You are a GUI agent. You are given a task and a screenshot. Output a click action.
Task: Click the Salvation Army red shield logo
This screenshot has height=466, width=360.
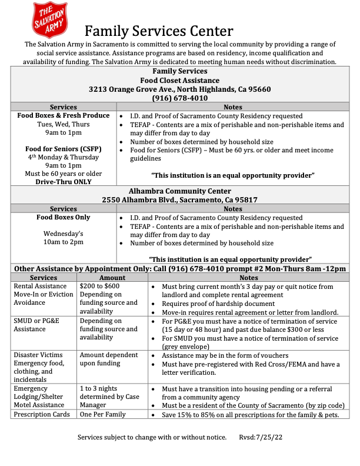50,20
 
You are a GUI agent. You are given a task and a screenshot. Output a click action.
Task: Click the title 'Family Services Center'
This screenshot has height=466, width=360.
159,31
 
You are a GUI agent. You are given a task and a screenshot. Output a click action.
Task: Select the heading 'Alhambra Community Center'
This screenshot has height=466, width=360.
180,191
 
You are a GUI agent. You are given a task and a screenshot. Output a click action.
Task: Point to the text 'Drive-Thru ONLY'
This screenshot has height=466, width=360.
63,182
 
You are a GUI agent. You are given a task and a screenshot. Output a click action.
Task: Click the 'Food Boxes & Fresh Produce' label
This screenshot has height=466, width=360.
63,116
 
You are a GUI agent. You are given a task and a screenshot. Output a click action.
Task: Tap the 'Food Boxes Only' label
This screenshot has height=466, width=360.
63,217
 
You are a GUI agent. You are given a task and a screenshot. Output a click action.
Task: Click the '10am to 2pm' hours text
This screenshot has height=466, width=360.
63,242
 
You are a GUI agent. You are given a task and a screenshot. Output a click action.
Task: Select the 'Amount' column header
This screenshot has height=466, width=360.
112,278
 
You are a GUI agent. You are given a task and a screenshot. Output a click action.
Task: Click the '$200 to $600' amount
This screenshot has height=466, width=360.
99,286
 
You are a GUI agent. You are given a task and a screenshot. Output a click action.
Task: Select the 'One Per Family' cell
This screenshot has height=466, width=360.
104,414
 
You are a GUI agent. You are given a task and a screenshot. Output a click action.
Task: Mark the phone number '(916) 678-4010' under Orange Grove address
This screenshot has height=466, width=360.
180,98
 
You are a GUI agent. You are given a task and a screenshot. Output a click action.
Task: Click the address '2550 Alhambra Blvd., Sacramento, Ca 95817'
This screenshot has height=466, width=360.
180,199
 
